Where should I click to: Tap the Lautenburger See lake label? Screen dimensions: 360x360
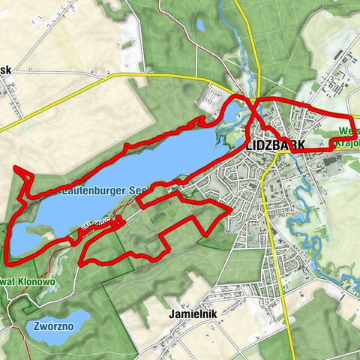pos(83,191)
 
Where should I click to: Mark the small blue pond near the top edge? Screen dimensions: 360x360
pos(200,25)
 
